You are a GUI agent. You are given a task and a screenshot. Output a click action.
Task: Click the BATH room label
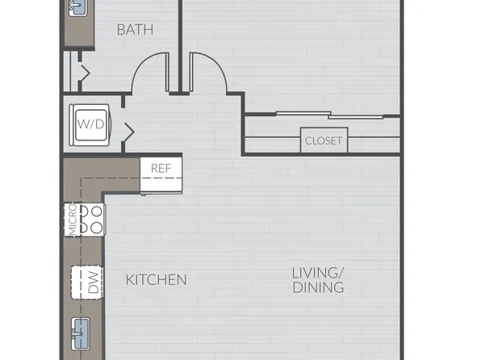tap(135, 30)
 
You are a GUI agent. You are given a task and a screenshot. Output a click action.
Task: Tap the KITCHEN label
tap(156, 280)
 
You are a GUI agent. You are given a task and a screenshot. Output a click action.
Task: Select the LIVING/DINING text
tap(319, 280)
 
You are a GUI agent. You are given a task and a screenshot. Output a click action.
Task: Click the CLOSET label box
tap(324, 140)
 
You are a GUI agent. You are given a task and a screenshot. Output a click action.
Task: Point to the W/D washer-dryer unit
tap(90, 125)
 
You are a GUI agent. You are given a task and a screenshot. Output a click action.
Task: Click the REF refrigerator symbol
tap(161, 175)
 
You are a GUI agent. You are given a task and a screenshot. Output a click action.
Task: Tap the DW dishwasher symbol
tap(87, 282)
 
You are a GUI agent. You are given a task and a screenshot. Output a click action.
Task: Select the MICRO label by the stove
tap(73, 219)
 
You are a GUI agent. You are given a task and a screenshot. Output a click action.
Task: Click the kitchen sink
tap(81, 333)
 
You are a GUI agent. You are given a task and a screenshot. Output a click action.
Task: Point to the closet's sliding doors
tap(330, 115)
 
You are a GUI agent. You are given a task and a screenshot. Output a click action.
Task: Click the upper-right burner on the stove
tap(97, 211)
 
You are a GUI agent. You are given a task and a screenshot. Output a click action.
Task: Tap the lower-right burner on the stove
tap(97, 228)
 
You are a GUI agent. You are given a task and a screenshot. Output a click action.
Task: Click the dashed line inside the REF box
tap(161, 178)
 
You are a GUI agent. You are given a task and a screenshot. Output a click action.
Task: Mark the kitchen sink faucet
tap(77, 333)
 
